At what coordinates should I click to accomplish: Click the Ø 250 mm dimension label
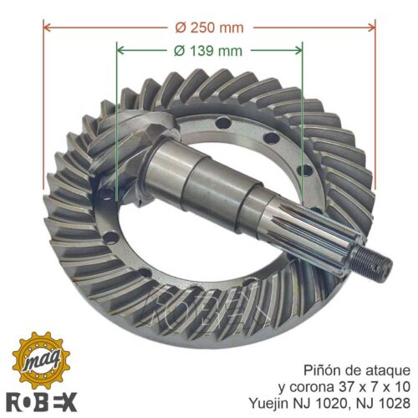pyautogui.click(x=209, y=28)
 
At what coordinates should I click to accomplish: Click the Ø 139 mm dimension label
pyautogui.click(x=208, y=51)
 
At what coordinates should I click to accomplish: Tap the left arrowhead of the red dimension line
pyautogui.click(x=48, y=28)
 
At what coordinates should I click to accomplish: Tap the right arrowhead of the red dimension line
pyautogui.click(x=371, y=28)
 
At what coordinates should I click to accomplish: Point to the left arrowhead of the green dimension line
pyautogui.click(x=120, y=50)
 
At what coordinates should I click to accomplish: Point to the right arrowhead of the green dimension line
pyautogui.click(x=298, y=50)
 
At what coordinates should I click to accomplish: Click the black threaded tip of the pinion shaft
pyautogui.click(x=370, y=262)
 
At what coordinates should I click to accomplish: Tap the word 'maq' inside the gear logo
pyautogui.click(x=42, y=360)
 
